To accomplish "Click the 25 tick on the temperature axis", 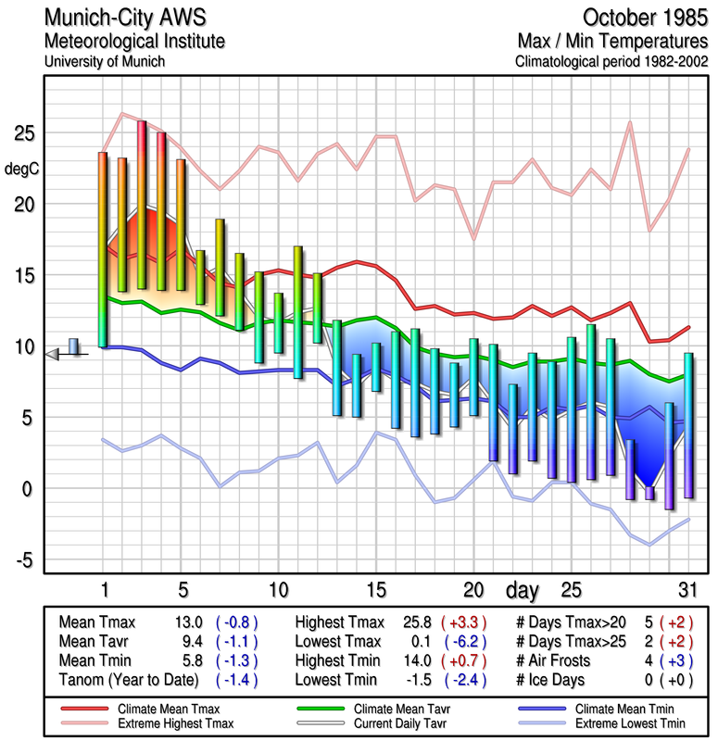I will [25, 134].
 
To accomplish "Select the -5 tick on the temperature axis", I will [25, 559].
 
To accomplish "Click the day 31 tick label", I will [687, 590].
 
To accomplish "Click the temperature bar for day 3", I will [142, 204].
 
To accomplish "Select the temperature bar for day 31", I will [688, 425].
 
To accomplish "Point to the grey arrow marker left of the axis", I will [53, 353].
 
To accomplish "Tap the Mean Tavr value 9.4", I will [190, 642].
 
